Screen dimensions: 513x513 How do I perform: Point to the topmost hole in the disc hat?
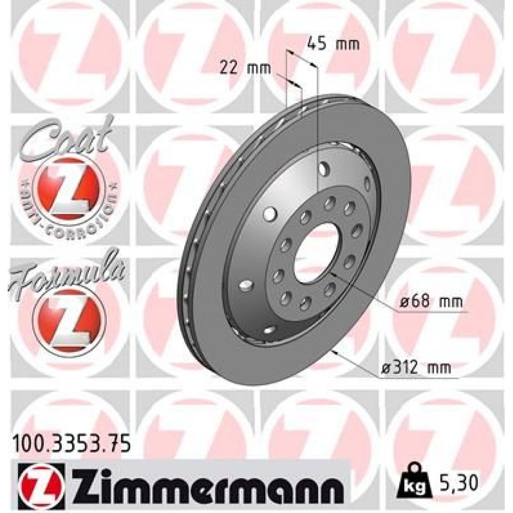click(323, 167)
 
